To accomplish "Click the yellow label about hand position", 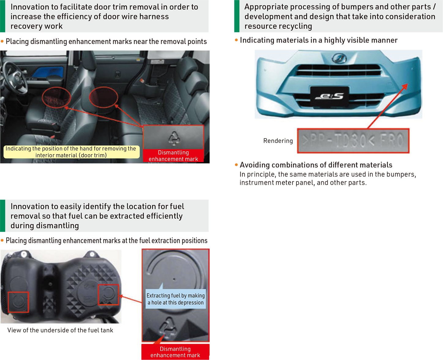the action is pyautogui.click(x=71, y=152).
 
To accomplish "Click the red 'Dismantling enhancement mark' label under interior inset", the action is pyautogui.click(x=173, y=155).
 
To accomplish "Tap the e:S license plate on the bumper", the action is pyautogui.click(x=329, y=97).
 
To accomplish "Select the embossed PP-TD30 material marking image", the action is pyautogui.click(x=353, y=141).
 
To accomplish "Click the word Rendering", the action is pyautogui.click(x=278, y=141).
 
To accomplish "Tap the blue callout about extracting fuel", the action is pyautogui.click(x=176, y=299).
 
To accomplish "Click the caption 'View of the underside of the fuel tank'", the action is pyautogui.click(x=60, y=330).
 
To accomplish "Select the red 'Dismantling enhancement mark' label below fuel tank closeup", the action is pyautogui.click(x=175, y=352).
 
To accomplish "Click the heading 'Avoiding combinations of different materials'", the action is pyautogui.click(x=316, y=165).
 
